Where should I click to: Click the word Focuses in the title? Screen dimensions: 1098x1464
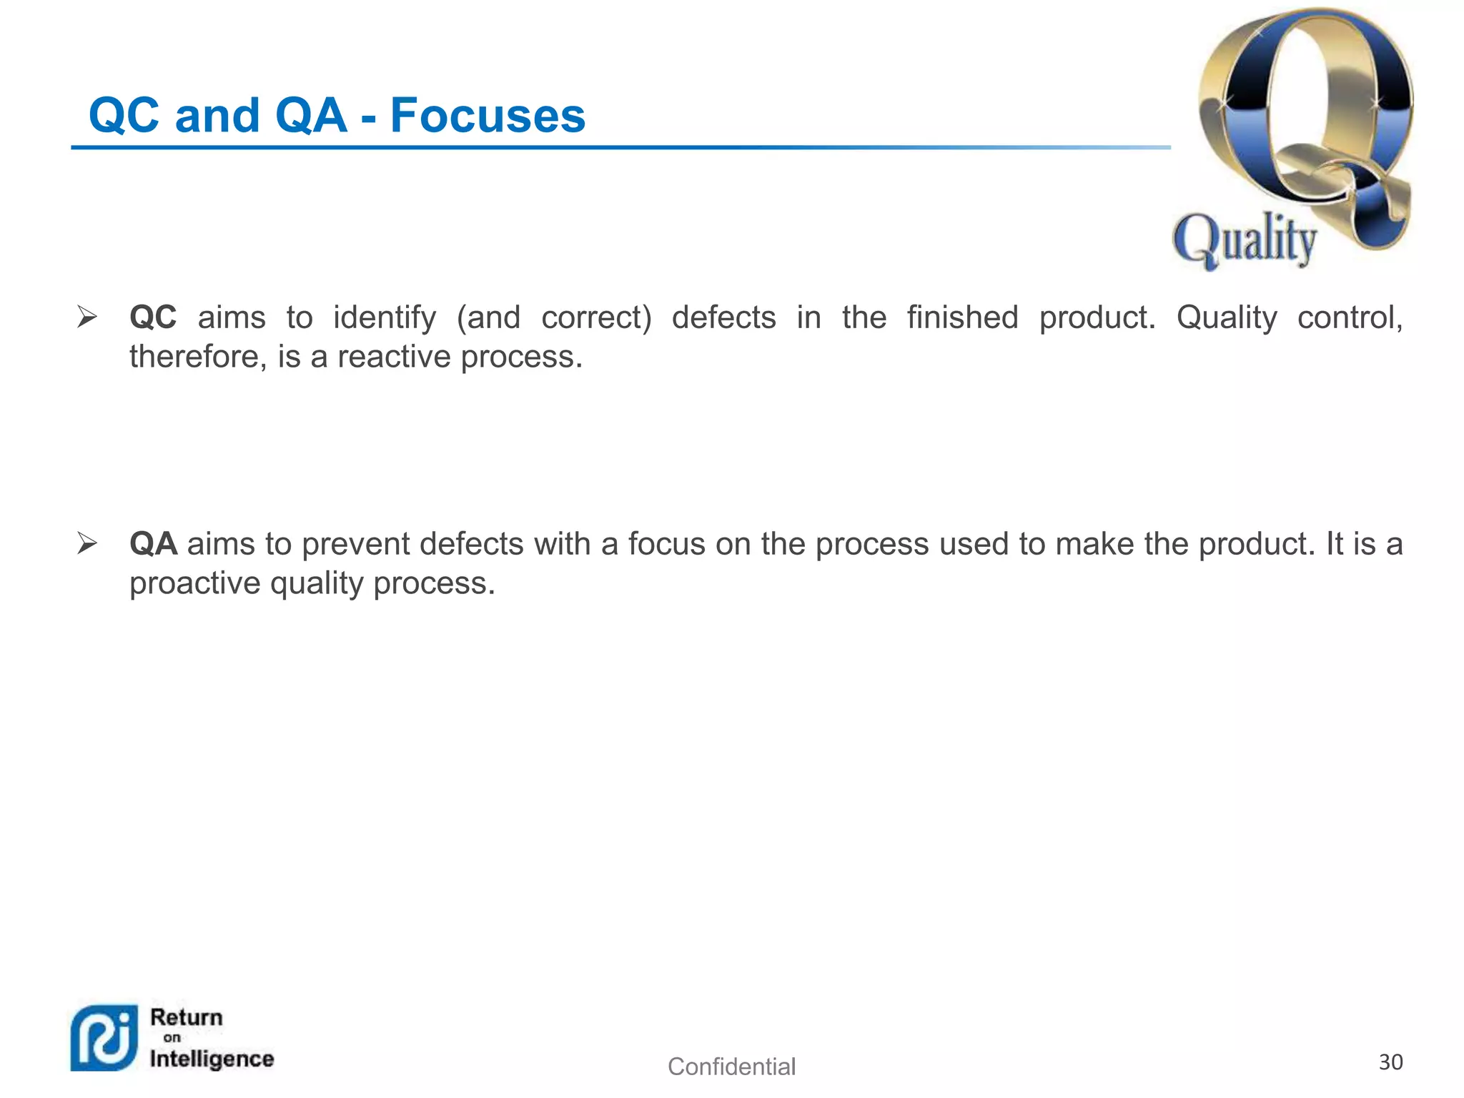[488, 116]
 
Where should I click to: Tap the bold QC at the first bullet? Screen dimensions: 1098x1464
[153, 317]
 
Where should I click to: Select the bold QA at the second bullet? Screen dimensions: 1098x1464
[153, 544]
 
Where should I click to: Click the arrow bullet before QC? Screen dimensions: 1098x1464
[87, 317]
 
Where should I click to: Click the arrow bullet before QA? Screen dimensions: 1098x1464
[87, 543]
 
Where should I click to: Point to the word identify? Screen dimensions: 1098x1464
[384, 318]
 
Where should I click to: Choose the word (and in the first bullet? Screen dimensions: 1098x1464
[488, 318]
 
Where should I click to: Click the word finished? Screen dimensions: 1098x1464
[962, 317]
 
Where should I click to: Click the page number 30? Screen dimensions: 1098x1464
[1390, 1062]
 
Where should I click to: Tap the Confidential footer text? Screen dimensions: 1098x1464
[731, 1067]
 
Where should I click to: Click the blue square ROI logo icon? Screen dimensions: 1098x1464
[104, 1038]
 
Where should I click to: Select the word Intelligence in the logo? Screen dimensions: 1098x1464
[212, 1059]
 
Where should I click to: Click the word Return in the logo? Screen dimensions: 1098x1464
[187, 1017]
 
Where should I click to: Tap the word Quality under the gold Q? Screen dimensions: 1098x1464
[1245, 240]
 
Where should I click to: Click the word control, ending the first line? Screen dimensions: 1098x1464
[1350, 317]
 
